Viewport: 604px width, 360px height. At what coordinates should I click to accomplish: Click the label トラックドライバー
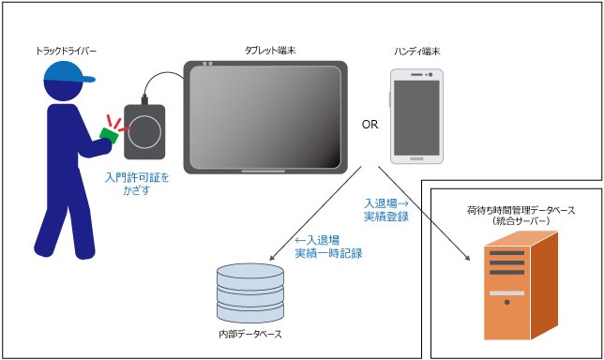(66, 51)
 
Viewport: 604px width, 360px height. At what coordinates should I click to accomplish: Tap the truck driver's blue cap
(68, 72)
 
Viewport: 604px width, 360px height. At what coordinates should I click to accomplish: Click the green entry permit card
(109, 135)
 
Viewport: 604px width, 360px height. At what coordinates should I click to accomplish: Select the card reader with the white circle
(144, 132)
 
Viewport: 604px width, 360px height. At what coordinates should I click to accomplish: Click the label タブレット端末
(270, 51)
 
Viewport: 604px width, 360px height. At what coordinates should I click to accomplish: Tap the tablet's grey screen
(265, 117)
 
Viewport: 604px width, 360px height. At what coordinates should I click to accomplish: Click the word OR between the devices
(370, 125)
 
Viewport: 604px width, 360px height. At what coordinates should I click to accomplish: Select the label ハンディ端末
(416, 52)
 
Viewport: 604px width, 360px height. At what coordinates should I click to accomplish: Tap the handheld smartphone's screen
(416, 117)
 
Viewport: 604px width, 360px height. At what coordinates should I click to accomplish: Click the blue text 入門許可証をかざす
(137, 184)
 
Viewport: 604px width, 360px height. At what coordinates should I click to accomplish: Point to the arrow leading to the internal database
(315, 214)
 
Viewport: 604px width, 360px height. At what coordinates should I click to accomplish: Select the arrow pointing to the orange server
(424, 214)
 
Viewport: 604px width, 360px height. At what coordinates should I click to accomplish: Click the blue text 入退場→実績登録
(386, 210)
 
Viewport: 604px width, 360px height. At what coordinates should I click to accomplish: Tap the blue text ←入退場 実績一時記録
(328, 247)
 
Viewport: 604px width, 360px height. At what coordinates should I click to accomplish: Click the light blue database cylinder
(250, 293)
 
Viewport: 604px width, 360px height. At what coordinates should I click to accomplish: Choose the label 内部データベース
(250, 334)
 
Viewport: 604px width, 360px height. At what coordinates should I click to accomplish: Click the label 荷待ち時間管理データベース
(521, 210)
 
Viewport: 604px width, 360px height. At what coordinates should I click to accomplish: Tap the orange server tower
(521, 285)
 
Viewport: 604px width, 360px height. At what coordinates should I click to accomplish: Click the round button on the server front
(506, 302)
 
